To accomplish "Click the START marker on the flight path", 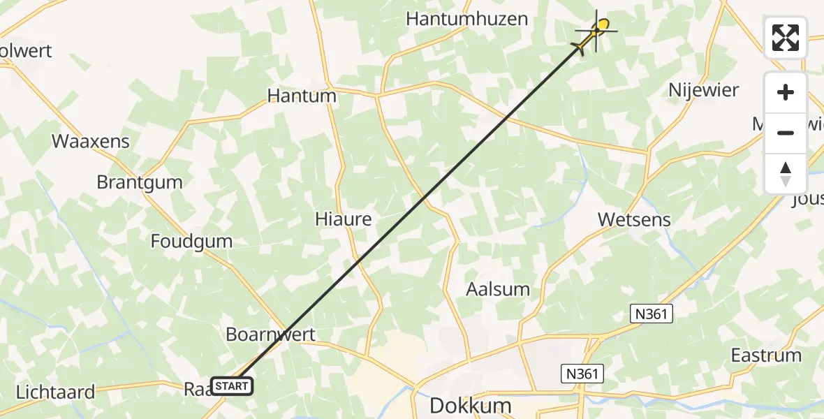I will (230, 385).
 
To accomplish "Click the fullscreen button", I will (786, 38).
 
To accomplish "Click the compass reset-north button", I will (786, 174).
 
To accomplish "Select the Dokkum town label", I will (470, 406).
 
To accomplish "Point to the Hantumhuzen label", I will (466, 19).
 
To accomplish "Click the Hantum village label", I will (302, 96).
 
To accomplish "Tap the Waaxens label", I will (91, 141).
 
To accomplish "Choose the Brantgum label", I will (140, 182).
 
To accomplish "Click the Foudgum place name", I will (191, 242).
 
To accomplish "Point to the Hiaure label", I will (343, 219).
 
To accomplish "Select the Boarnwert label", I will (270, 335).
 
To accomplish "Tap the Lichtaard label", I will (55, 392).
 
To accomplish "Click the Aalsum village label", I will (498, 289).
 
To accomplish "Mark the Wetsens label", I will (634, 219).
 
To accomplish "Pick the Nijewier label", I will (703, 90).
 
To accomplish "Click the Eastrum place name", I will (766, 355).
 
